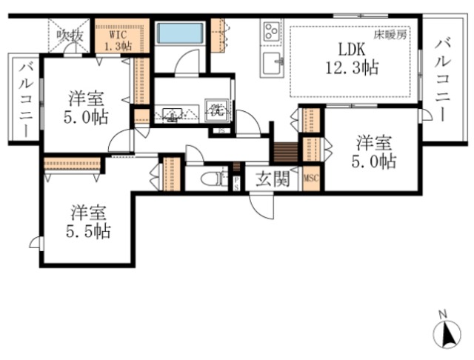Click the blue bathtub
(x=181, y=33)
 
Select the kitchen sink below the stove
(x=272, y=62)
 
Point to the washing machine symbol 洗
(x=216, y=112)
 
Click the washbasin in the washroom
(x=171, y=114)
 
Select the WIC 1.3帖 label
(x=118, y=39)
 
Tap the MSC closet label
(x=311, y=179)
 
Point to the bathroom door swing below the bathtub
(x=186, y=61)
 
